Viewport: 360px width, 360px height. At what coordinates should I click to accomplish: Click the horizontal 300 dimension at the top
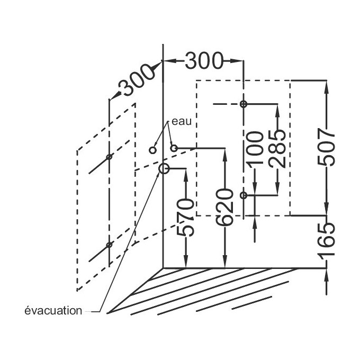point(204,61)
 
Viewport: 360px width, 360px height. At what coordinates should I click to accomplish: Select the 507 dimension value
point(329,148)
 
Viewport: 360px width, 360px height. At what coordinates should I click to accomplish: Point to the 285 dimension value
point(278,148)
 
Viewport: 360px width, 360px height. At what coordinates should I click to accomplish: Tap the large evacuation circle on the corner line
point(164,169)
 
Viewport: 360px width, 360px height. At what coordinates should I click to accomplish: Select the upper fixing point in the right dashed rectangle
point(243,104)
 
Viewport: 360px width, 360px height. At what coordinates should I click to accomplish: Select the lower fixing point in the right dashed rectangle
point(243,195)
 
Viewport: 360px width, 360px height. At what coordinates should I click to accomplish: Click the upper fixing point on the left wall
point(109,157)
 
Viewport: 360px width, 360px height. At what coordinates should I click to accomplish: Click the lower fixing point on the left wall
point(109,245)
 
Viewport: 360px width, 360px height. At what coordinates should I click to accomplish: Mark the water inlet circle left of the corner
point(152,150)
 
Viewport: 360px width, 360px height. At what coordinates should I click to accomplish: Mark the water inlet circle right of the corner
point(174,148)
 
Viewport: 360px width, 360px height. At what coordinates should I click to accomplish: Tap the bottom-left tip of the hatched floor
point(108,313)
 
